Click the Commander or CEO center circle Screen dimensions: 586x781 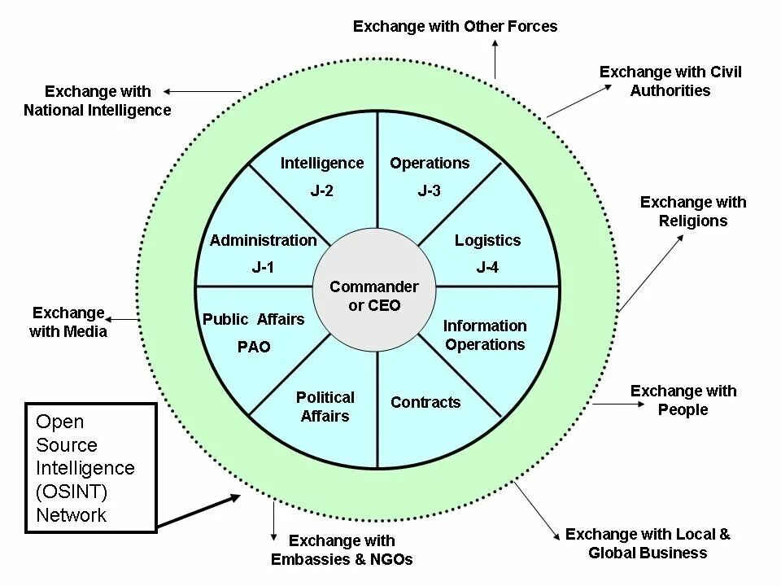374,296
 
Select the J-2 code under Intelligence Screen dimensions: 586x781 321,191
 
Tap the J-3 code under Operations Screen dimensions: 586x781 429,191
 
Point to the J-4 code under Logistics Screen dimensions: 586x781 487,268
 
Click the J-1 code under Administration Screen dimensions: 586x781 262,268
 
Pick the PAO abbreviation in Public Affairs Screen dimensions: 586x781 254,347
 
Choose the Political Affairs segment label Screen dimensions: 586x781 325,406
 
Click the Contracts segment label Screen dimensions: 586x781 425,402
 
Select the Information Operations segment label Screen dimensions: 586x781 485,335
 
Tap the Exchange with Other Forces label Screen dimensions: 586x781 455,26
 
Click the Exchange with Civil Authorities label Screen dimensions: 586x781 670,81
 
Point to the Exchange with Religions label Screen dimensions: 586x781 693,211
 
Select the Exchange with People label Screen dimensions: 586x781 683,400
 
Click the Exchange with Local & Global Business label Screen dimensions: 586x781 648,543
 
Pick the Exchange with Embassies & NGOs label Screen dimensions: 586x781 342,549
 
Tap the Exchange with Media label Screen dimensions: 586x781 68,321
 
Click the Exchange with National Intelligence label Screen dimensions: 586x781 98,100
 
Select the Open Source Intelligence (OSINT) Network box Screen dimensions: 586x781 90,468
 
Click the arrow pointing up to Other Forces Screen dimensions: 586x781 495,59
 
